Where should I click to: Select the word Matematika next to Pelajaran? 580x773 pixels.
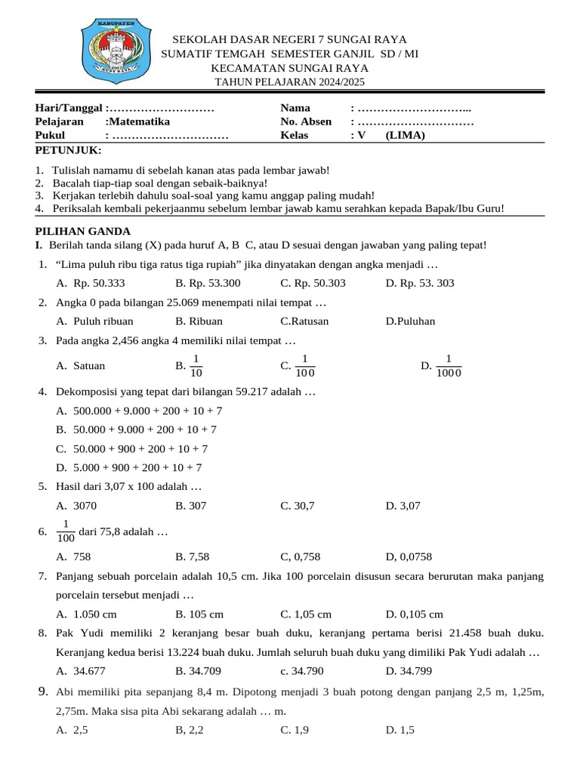[x=139, y=122]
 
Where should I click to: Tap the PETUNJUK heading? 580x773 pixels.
[x=69, y=150]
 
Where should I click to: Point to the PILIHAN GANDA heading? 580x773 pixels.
[x=83, y=231]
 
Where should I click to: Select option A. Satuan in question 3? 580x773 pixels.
[x=81, y=366]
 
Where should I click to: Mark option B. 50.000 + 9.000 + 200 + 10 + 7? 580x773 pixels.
[x=137, y=429]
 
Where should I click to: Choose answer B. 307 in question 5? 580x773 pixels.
[x=191, y=506]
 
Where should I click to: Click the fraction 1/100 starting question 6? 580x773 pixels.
[x=66, y=531]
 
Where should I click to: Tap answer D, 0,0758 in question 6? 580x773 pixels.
[x=409, y=557]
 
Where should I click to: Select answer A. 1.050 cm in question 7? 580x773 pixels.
[x=87, y=614]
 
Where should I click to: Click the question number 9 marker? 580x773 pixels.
[x=43, y=691]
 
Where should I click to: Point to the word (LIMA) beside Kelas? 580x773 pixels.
[x=406, y=136]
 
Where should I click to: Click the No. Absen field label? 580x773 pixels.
[x=306, y=122]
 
